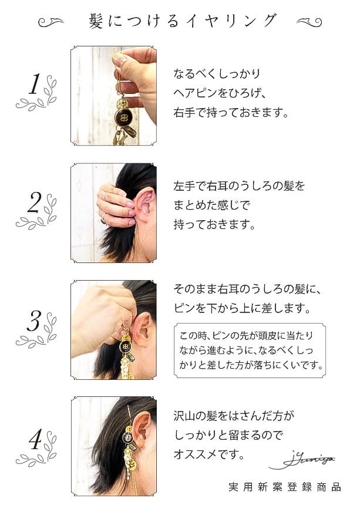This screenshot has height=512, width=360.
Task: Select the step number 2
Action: tap(34, 203)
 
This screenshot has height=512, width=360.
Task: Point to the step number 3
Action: tap(34, 321)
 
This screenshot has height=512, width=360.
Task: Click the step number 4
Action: tap(34, 440)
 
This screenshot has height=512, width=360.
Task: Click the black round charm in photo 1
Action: tap(125, 120)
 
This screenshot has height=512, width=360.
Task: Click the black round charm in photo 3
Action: tap(125, 347)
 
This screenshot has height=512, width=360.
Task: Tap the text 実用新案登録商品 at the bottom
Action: tap(285, 487)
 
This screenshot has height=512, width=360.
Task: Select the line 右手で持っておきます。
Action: tap(231, 112)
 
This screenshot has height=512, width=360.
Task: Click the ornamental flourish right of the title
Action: tap(309, 22)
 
